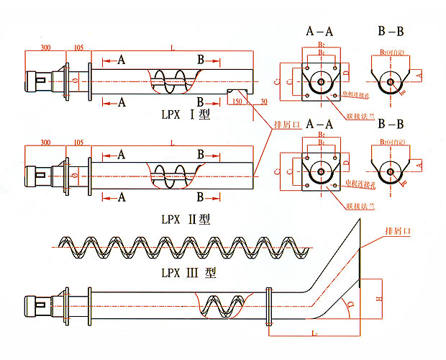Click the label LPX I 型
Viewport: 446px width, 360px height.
(186, 113)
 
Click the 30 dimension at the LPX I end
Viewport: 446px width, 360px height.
(264, 102)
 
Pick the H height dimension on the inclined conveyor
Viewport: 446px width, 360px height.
(378, 298)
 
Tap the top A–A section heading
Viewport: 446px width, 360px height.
(321, 31)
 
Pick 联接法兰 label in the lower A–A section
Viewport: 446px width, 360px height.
(358, 207)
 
